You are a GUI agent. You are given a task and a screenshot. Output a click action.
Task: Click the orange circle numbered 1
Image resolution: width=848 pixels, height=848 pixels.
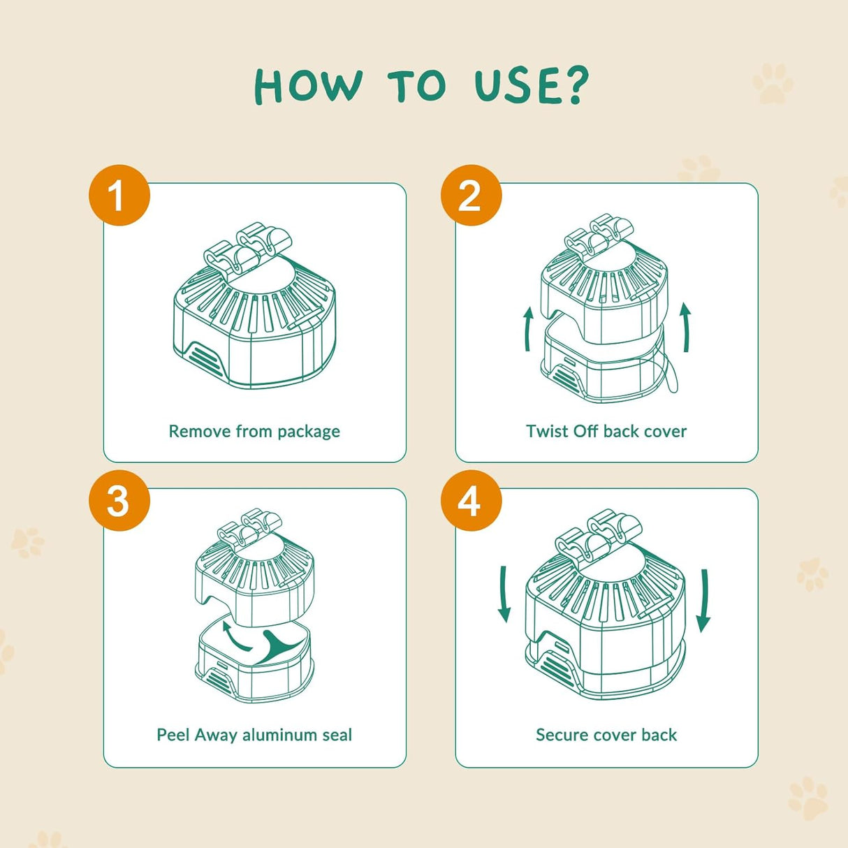pos(119,195)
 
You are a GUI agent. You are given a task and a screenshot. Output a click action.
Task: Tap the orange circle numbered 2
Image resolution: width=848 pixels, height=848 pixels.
pos(471,195)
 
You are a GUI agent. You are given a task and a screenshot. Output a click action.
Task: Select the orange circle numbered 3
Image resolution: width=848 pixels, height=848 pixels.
pos(119,500)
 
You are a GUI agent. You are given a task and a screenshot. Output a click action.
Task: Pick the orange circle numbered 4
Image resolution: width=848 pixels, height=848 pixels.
pos(471,500)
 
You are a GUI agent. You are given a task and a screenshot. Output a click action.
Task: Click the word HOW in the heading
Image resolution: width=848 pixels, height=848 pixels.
pos(308,87)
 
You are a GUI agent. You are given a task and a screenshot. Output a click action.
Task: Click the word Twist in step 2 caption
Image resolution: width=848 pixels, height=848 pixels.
pos(547,431)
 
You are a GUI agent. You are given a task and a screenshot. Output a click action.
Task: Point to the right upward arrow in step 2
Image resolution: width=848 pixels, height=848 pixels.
pos(686,327)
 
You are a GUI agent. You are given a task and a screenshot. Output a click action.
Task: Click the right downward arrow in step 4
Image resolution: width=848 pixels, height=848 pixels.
pos(703,600)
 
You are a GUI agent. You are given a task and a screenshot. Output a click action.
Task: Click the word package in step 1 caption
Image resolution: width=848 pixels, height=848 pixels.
pos(308,432)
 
